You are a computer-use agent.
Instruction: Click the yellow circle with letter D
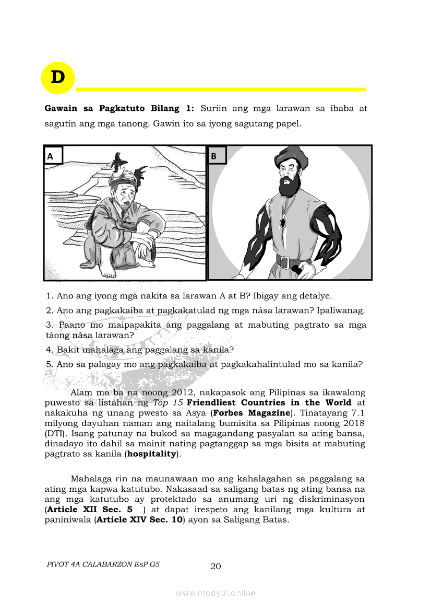pyautogui.click(x=58, y=78)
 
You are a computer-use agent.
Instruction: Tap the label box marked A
pyautogui.click(x=53, y=155)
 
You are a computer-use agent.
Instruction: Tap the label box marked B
pyautogui.click(x=217, y=155)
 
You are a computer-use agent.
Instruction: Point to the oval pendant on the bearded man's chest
pyautogui.click(x=283, y=223)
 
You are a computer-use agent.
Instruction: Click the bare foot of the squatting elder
pyautogui.click(x=108, y=272)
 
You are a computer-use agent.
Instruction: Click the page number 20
pyautogui.click(x=215, y=566)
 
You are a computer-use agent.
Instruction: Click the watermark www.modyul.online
pyautogui.click(x=215, y=593)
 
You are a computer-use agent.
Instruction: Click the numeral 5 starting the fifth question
pyautogui.click(x=49, y=364)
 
